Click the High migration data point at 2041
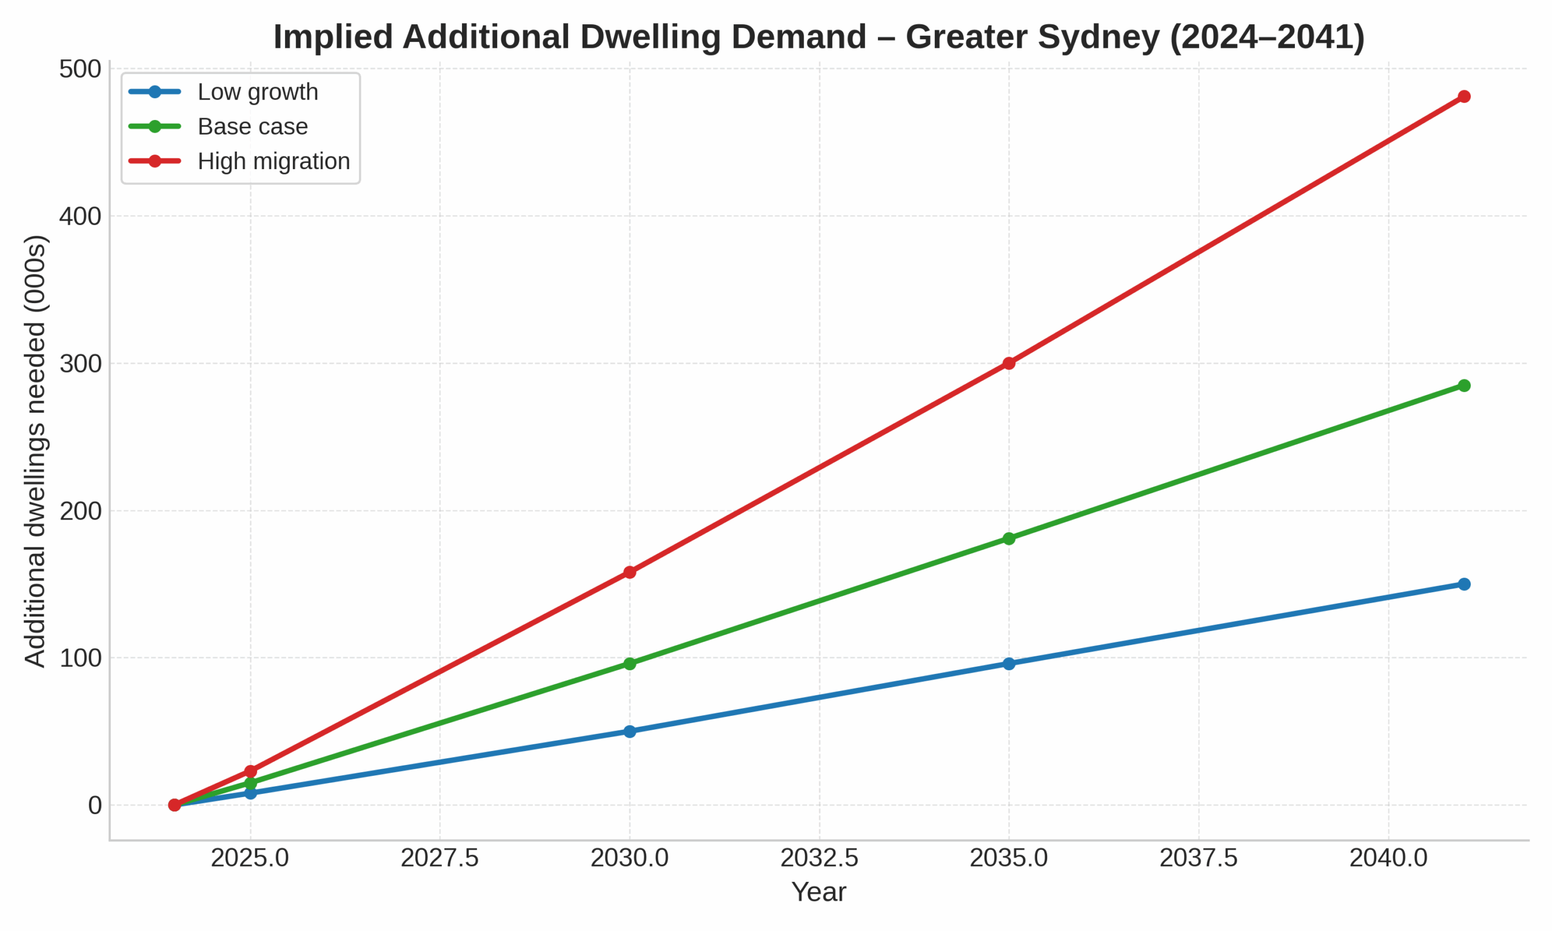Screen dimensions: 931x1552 pyautogui.click(x=1464, y=96)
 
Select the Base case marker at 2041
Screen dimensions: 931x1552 pyautogui.click(x=1464, y=385)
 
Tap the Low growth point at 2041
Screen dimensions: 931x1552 pyautogui.click(x=1464, y=584)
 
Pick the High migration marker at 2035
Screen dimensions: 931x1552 pyautogui.click(x=1009, y=363)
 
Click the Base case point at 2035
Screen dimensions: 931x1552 pyautogui.click(x=1009, y=538)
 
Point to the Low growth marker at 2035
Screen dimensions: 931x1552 pyautogui.click(x=1009, y=664)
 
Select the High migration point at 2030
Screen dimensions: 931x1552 pyautogui.click(x=630, y=572)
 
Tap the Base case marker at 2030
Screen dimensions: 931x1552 pyautogui.click(x=630, y=664)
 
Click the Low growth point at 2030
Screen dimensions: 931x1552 pyautogui.click(x=630, y=732)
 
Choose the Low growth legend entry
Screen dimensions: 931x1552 pyautogui.click(x=257, y=92)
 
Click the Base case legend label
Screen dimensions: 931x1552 pyautogui.click(x=252, y=127)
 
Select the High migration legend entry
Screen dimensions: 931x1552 pyautogui.click(x=273, y=161)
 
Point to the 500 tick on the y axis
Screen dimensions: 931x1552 pyautogui.click(x=80, y=69)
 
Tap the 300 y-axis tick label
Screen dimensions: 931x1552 pyautogui.click(x=80, y=364)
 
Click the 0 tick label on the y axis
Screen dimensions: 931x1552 pyautogui.click(x=95, y=806)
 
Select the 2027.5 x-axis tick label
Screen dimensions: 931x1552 pyautogui.click(x=440, y=859)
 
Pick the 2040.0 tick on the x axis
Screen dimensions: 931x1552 pyautogui.click(x=1388, y=859)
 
